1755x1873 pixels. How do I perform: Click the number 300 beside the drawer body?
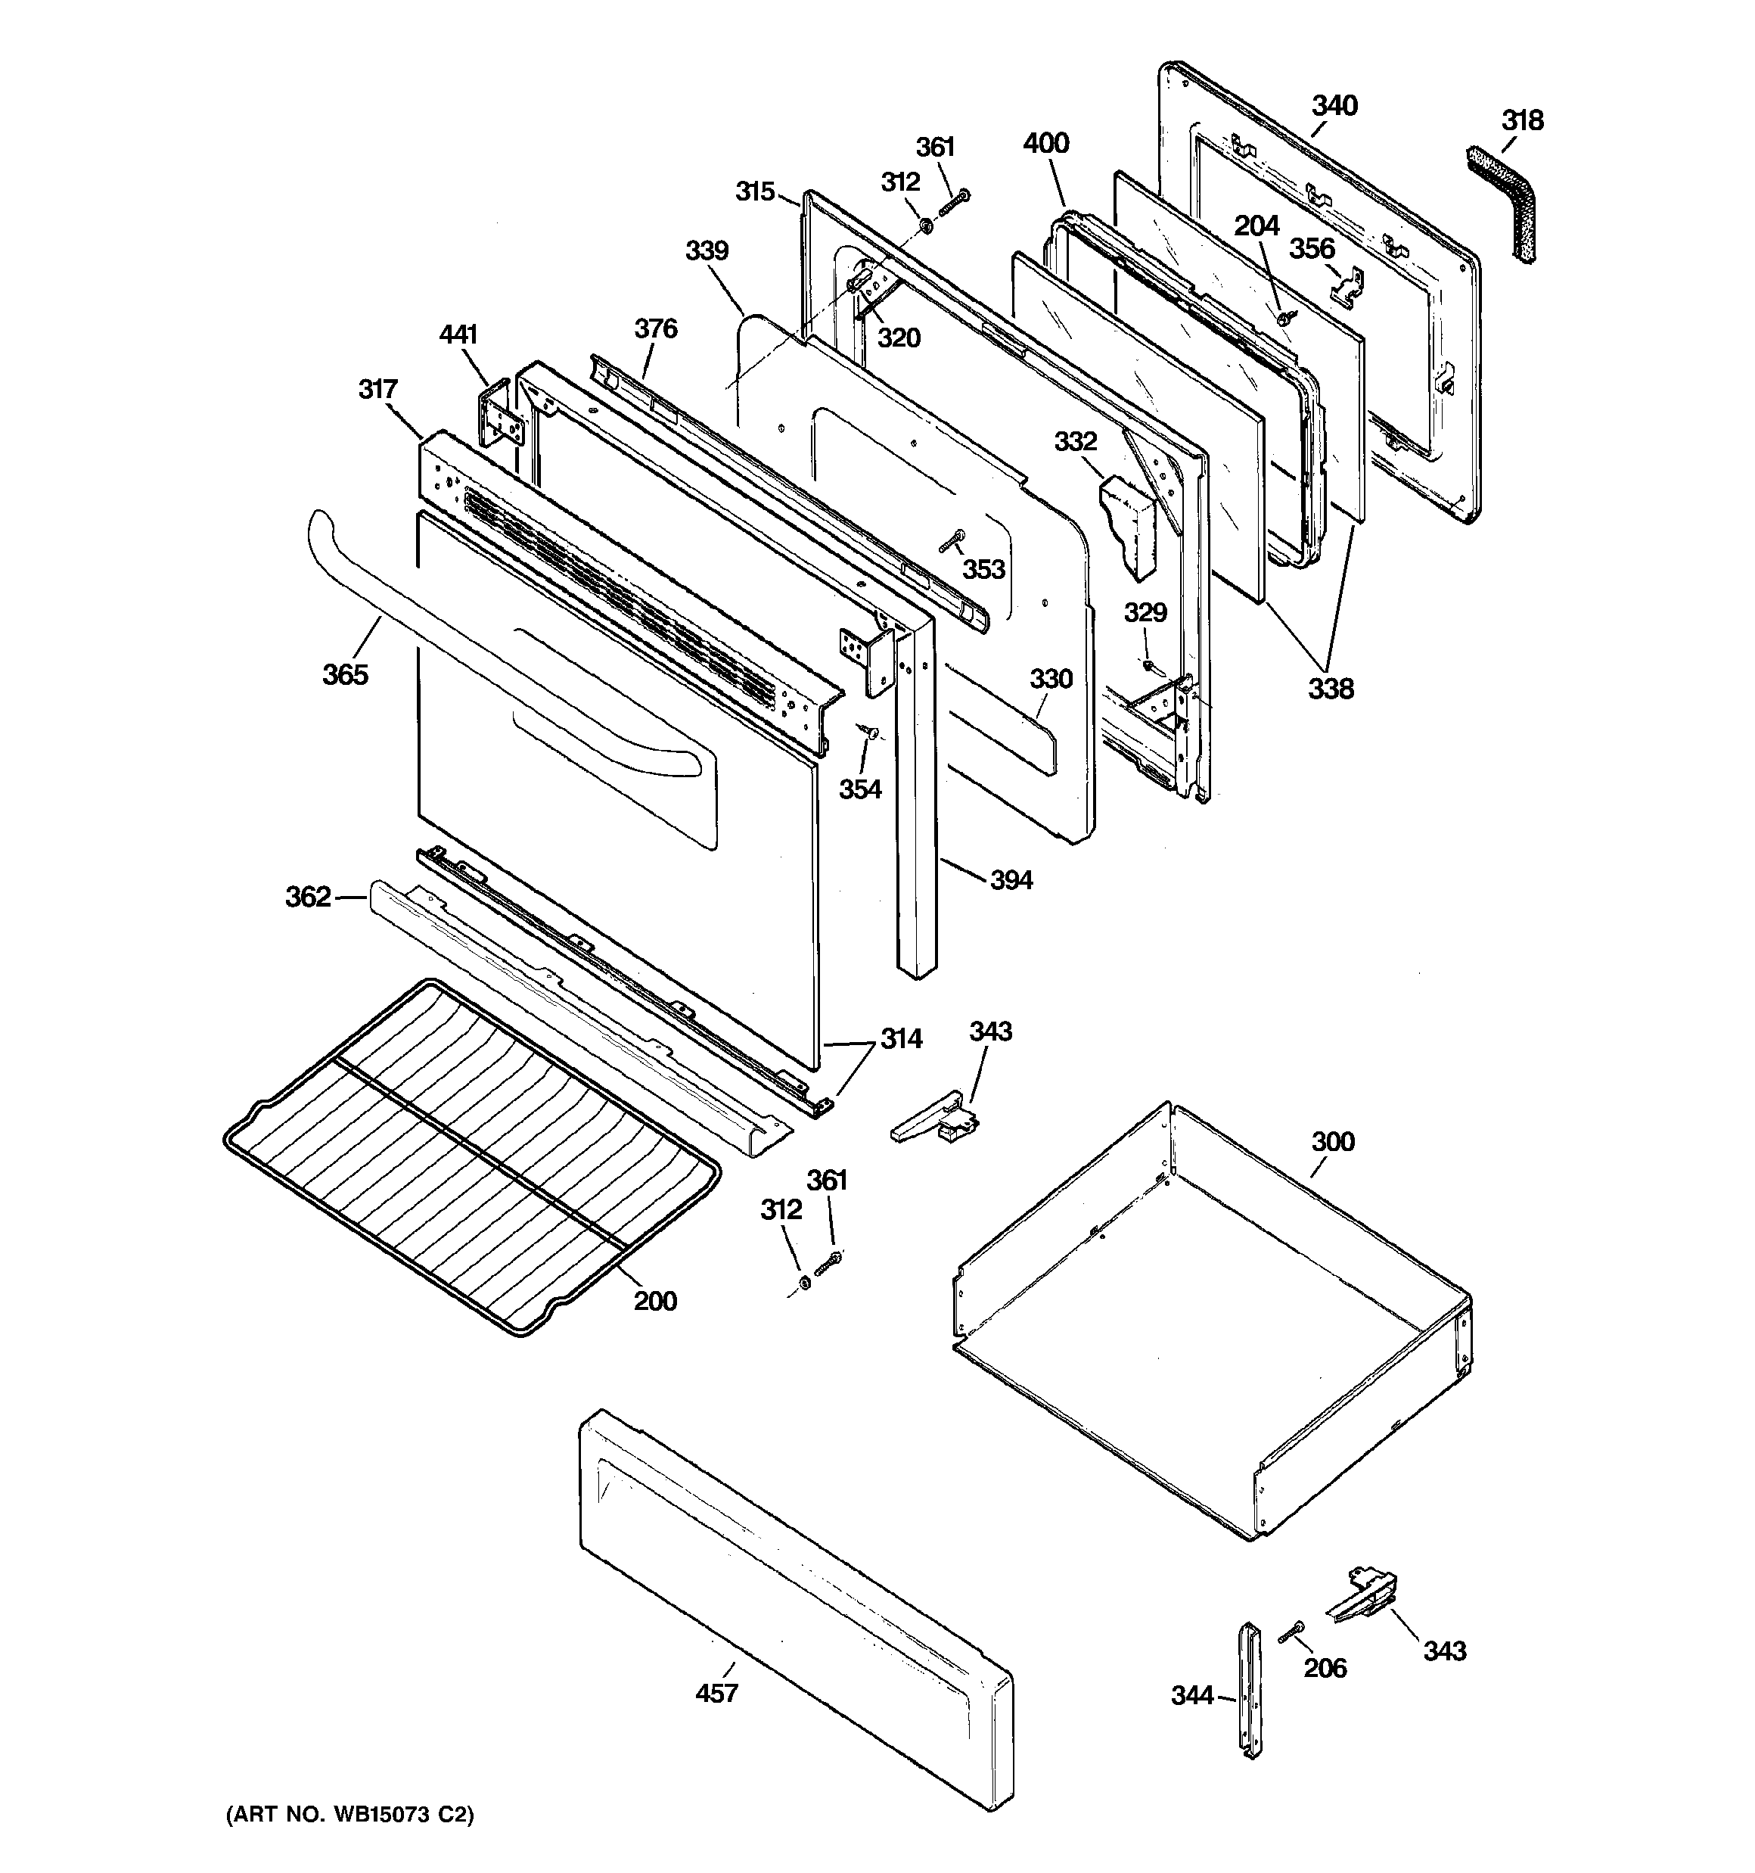[x=1332, y=1142]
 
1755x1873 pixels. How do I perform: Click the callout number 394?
[x=1011, y=880]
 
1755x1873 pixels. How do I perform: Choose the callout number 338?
[x=1330, y=689]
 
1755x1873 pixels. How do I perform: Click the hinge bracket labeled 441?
[x=499, y=419]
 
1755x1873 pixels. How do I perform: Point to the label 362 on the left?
[x=308, y=897]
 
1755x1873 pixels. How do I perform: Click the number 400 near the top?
[x=1045, y=143]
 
